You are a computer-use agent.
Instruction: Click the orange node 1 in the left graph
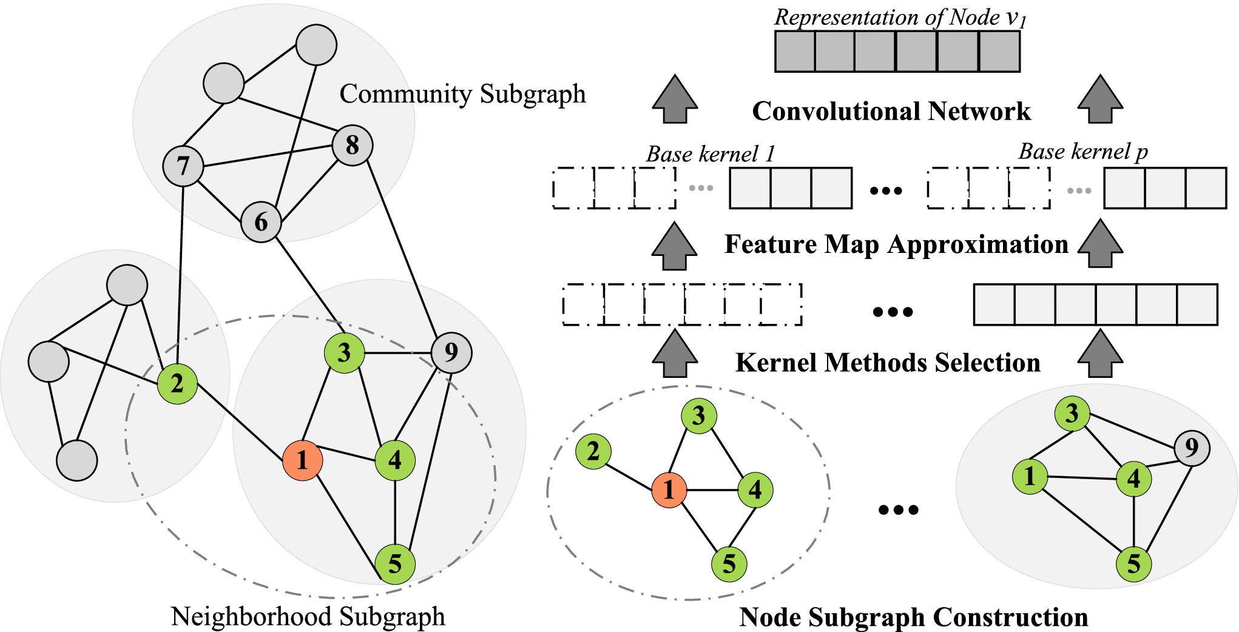(302, 460)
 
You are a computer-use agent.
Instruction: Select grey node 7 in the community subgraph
(183, 166)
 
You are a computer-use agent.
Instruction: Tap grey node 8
(352, 146)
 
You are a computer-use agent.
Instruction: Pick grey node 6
(261, 222)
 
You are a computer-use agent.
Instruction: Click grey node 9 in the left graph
(451, 352)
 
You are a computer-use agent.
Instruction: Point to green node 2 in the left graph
(177, 383)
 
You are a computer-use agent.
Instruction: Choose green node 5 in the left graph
(395, 564)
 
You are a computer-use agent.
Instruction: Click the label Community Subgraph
(462, 94)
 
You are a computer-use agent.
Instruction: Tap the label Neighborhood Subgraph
(308, 616)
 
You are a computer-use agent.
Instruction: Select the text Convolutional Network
(891, 112)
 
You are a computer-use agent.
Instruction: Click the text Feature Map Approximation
(896, 244)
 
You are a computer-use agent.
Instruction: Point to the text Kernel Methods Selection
(888, 363)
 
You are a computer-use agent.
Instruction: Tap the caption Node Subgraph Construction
(913, 617)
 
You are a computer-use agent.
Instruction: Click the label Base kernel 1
(711, 154)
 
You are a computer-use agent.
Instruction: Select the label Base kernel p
(1082, 152)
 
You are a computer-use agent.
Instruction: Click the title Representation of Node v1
(900, 18)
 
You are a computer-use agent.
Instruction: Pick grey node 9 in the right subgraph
(1192, 448)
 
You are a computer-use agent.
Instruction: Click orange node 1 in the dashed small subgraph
(669, 489)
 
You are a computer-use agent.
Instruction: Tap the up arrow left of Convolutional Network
(675, 99)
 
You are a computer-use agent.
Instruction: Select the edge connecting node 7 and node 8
(267, 156)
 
